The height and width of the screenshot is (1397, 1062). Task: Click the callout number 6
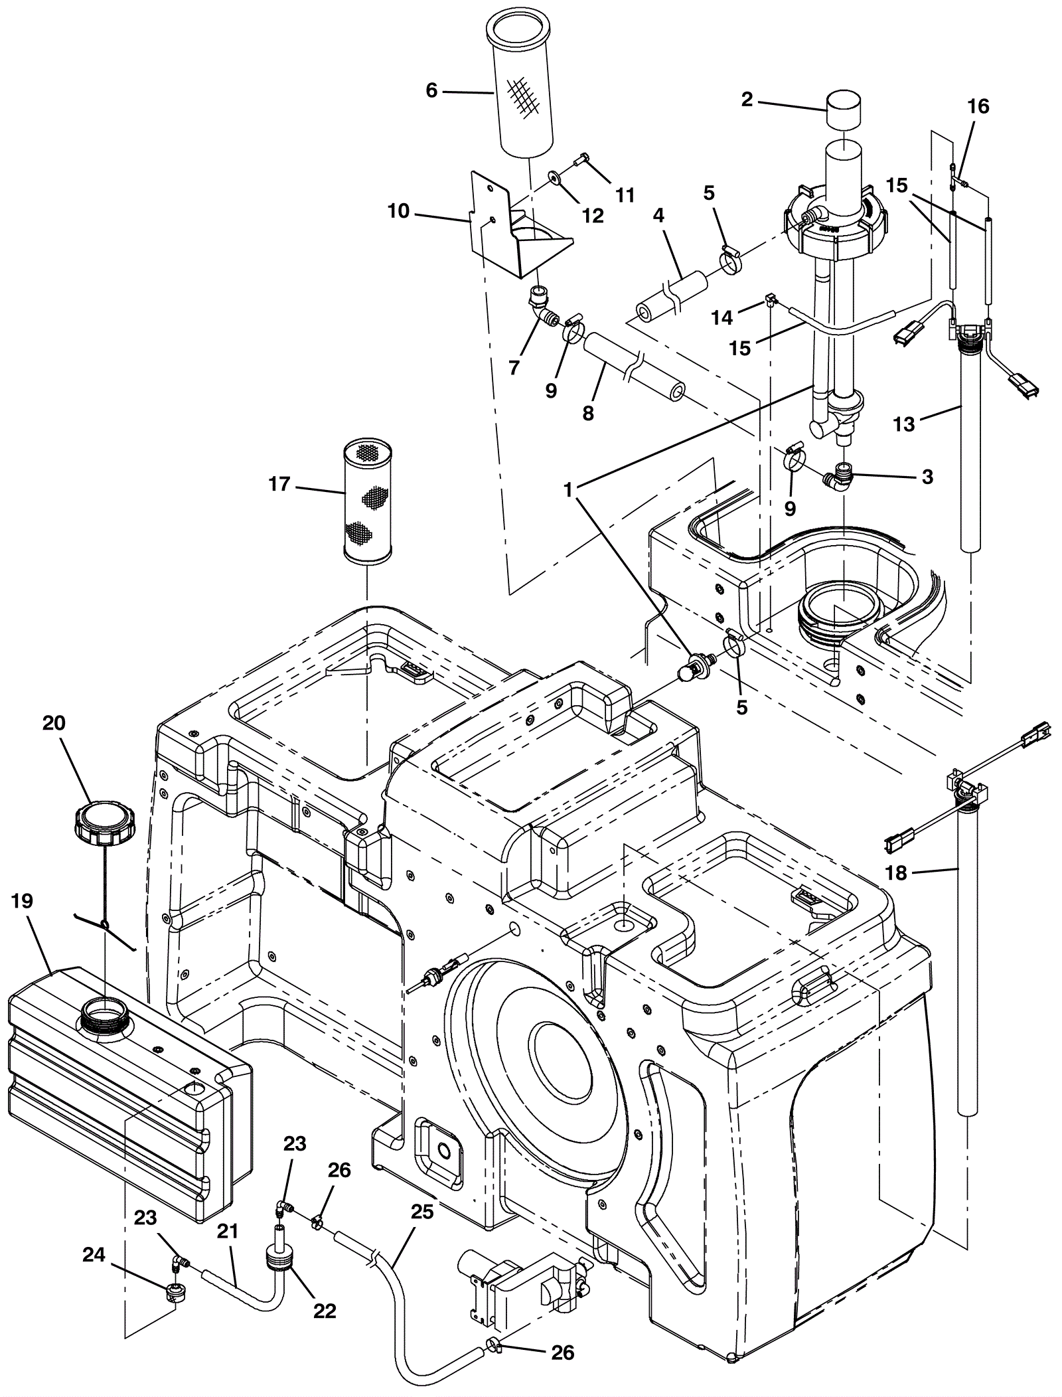[x=431, y=90]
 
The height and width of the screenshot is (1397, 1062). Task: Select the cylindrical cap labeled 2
[x=844, y=113]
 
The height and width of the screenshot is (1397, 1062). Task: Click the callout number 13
[x=904, y=424]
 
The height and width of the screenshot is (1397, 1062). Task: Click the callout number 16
[x=979, y=106]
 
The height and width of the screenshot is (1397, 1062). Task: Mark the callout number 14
[x=722, y=318]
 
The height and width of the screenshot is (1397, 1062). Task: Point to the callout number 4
[x=658, y=215]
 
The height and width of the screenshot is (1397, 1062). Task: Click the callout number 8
[x=587, y=413]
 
